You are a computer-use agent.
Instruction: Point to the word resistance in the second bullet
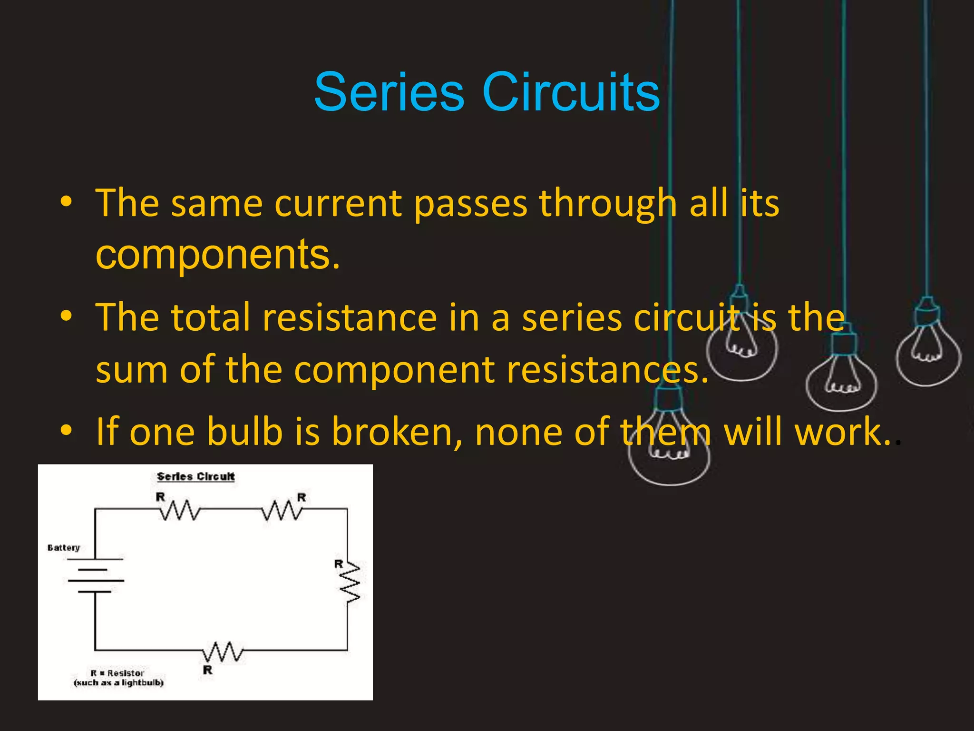pos(350,318)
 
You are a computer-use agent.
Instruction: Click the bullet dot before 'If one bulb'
pos(67,430)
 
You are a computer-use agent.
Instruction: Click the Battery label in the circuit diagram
pos(64,548)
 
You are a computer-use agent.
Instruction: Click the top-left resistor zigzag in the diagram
pos(179,510)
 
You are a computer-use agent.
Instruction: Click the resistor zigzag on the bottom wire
pos(222,652)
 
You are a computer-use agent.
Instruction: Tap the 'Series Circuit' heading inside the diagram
pos(196,476)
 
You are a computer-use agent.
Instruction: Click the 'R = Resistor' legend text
pos(117,673)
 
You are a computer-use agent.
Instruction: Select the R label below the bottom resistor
pos(208,670)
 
